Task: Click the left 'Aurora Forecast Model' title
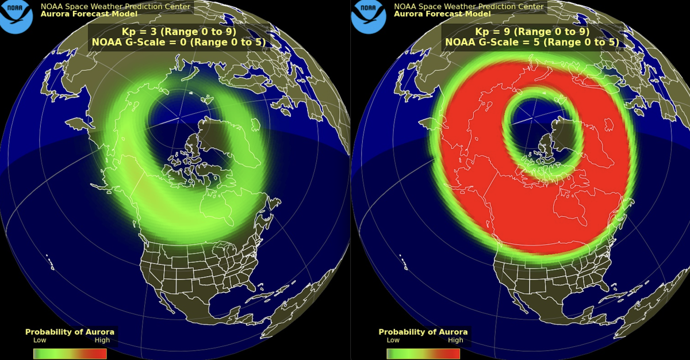coord(89,14)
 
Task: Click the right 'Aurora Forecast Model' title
coord(442,14)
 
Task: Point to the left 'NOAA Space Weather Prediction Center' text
coord(115,6)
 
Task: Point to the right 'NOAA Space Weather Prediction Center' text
coord(468,6)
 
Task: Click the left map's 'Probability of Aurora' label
coord(70,332)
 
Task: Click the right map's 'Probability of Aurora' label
coord(423,332)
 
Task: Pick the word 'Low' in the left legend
coord(40,340)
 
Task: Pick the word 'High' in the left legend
coord(102,340)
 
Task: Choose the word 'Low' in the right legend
coord(393,340)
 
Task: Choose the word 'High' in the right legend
coord(455,340)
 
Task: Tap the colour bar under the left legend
coord(70,353)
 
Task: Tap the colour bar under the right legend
coord(423,353)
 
